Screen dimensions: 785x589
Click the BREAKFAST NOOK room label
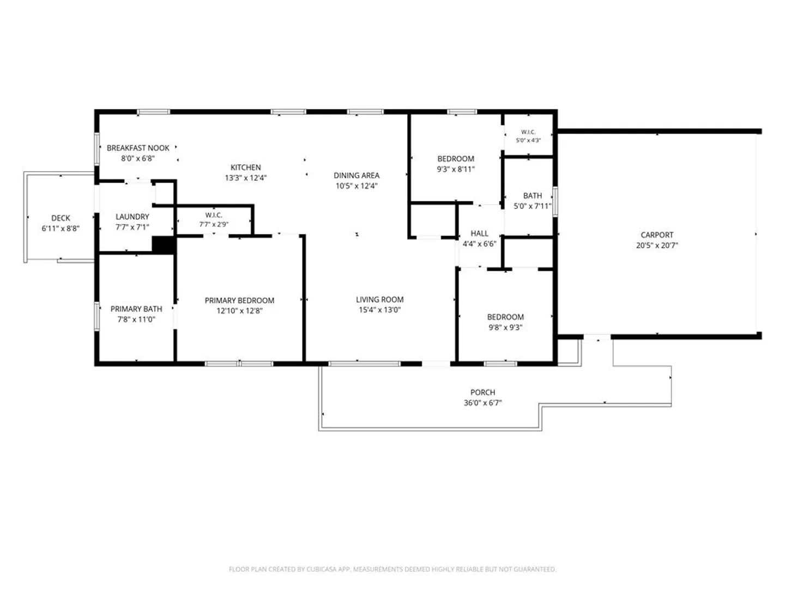[x=138, y=148]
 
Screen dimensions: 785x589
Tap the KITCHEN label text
[x=246, y=167]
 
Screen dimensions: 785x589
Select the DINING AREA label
[x=357, y=175]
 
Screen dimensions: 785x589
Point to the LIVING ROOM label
[x=380, y=299]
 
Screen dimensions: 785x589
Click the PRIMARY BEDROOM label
[x=240, y=300]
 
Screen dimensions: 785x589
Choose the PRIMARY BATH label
[x=136, y=309]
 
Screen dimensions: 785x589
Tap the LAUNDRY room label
[x=132, y=217]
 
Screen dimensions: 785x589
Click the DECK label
[x=61, y=218]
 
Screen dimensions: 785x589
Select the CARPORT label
[x=657, y=235]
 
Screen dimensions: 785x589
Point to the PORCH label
[x=483, y=392]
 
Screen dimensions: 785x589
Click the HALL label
[x=480, y=233]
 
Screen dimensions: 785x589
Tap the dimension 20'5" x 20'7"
[x=657, y=245]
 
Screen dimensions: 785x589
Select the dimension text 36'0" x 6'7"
[x=483, y=402]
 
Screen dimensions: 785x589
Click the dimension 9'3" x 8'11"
[x=456, y=169]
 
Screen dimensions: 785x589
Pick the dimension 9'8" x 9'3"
[x=505, y=327]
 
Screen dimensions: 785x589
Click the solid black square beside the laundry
[x=164, y=245]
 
